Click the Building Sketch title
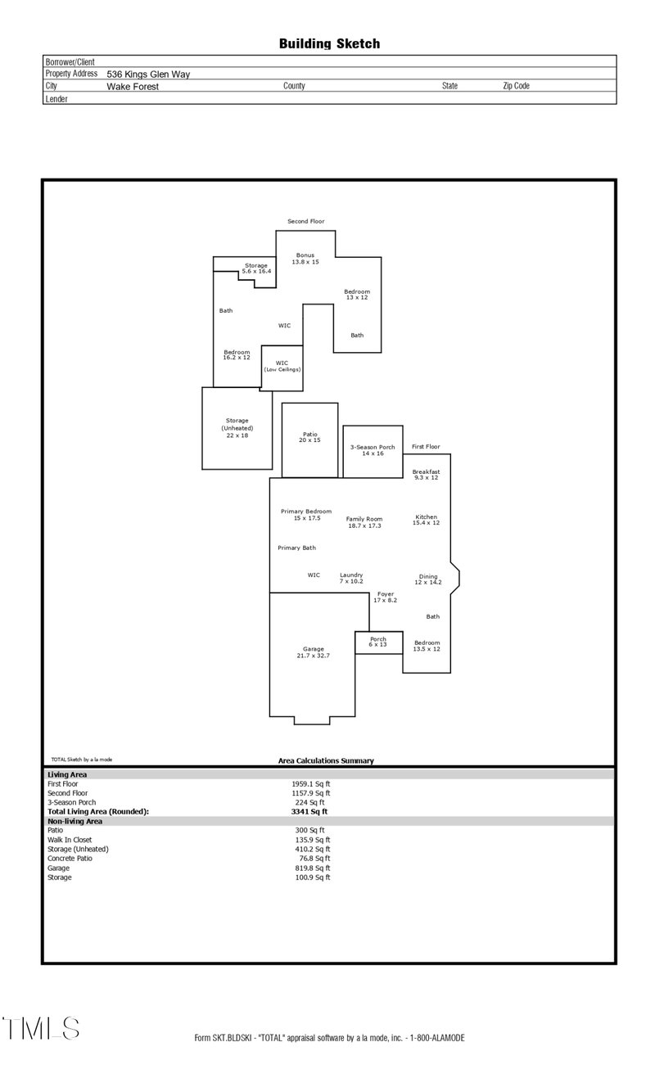pyautogui.click(x=329, y=43)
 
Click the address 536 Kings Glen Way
pyautogui.click(x=148, y=74)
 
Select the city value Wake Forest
pyautogui.click(x=133, y=86)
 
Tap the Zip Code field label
pyautogui.click(x=516, y=86)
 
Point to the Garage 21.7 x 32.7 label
pyautogui.click(x=313, y=652)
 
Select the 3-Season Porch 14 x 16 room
pyautogui.click(x=373, y=450)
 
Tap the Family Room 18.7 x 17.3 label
pyautogui.click(x=364, y=522)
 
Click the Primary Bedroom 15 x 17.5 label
pyautogui.click(x=306, y=514)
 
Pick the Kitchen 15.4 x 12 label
pyautogui.click(x=426, y=520)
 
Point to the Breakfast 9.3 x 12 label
pyautogui.click(x=426, y=475)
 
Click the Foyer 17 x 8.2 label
pyautogui.click(x=385, y=598)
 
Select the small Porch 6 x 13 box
pyautogui.click(x=378, y=643)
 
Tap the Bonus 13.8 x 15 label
pyautogui.click(x=305, y=259)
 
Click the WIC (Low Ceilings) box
pyautogui.click(x=282, y=367)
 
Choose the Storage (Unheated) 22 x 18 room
pyautogui.click(x=237, y=428)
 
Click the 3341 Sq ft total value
pyautogui.click(x=309, y=812)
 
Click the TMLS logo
pyautogui.click(x=41, y=1028)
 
